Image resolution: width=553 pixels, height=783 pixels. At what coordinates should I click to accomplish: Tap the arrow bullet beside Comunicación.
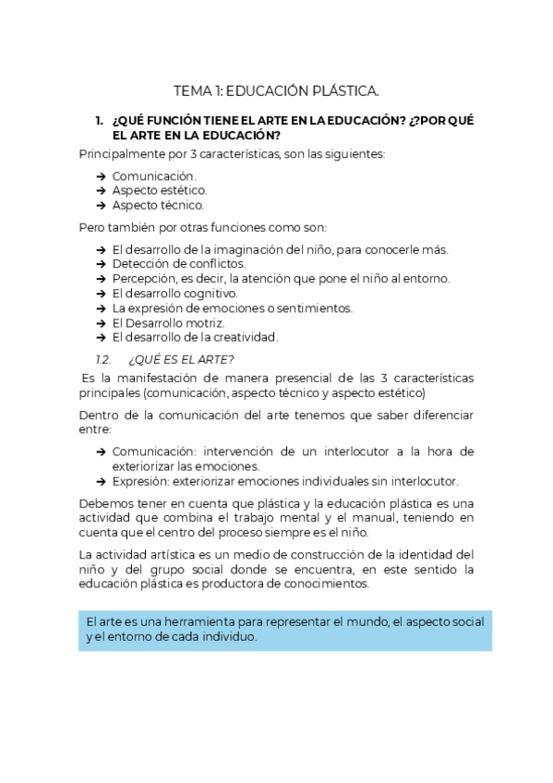click(101, 175)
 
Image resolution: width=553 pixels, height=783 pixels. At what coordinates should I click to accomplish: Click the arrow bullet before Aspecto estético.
click(101, 190)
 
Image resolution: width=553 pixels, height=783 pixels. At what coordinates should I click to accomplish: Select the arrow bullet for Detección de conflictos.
click(101, 264)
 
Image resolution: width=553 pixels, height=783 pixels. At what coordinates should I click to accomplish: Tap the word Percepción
click(144, 279)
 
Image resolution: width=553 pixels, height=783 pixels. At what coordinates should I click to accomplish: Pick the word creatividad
click(243, 338)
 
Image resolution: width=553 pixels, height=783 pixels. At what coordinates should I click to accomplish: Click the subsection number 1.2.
click(103, 358)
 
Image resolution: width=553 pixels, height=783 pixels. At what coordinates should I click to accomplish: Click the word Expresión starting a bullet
click(141, 481)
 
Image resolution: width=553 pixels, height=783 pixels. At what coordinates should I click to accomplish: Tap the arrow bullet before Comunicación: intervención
click(101, 452)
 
